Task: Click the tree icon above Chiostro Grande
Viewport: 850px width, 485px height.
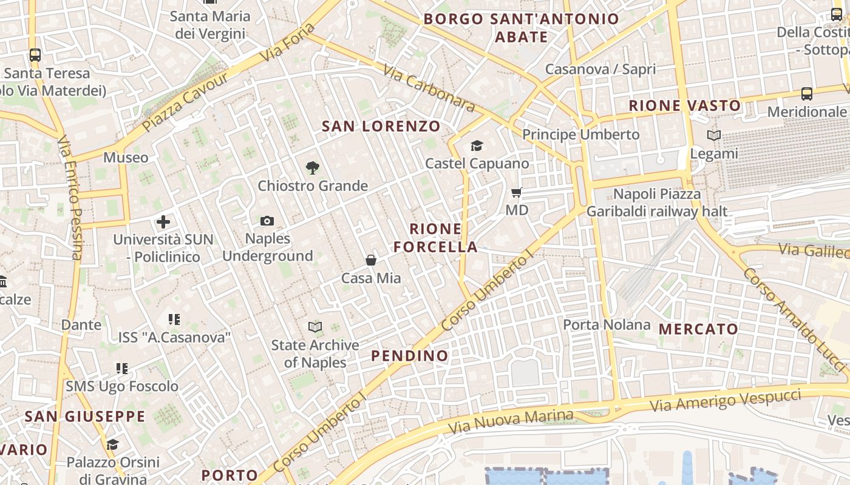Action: click(313, 167)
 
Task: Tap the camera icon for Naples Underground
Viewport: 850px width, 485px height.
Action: click(267, 221)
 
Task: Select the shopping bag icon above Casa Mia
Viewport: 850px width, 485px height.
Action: click(371, 260)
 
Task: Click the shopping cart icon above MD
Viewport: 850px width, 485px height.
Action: click(517, 193)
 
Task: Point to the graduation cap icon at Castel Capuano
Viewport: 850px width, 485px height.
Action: click(477, 145)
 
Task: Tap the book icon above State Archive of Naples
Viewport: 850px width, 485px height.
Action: click(314, 327)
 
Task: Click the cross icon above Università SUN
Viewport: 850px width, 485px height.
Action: click(163, 222)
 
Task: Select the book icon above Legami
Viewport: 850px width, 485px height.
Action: click(714, 136)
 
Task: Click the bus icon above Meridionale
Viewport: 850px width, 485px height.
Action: click(806, 94)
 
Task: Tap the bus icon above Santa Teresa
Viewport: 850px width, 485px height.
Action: click(35, 55)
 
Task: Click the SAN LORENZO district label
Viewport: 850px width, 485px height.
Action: click(381, 126)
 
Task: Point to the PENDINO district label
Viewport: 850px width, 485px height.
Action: click(410, 355)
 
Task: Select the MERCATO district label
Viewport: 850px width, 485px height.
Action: click(698, 329)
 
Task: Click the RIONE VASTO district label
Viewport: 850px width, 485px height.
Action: click(684, 105)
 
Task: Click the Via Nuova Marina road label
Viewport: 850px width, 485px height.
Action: click(511, 421)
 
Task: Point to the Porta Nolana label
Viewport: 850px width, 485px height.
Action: click(607, 324)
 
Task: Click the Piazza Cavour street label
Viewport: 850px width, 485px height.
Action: click(185, 102)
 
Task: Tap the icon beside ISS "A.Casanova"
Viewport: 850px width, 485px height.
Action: click(174, 319)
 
